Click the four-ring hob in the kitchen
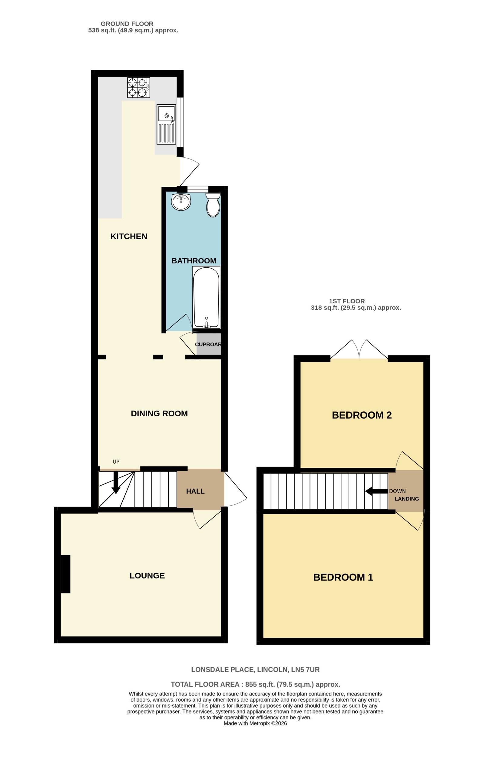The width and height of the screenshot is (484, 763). [x=138, y=88]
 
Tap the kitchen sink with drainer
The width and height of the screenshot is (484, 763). [x=166, y=124]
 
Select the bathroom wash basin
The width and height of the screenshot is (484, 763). [x=181, y=202]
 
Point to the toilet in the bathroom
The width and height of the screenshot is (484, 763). [x=213, y=205]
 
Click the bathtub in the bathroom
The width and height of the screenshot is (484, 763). [x=206, y=297]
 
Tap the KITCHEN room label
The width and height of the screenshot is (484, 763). [x=129, y=236]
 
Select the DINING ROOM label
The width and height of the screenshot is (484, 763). [x=159, y=414]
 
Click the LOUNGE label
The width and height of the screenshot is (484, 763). [x=147, y=576]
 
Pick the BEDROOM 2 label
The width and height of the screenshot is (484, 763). [x=362, y=415]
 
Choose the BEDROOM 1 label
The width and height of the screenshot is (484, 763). [x=343, y=577]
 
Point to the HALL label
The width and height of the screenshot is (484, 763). [x=195, y=491]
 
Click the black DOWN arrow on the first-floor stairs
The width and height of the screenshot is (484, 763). [x=376, y=491]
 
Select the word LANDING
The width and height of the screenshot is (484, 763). [x=407, y=499]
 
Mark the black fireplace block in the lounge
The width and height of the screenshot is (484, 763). [x=66, y=574]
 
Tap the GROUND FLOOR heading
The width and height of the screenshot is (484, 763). [x=127, y=24]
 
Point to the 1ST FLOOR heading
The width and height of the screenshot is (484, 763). [x=347, y=301]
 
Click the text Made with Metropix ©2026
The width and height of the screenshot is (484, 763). [x=255, y=723]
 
